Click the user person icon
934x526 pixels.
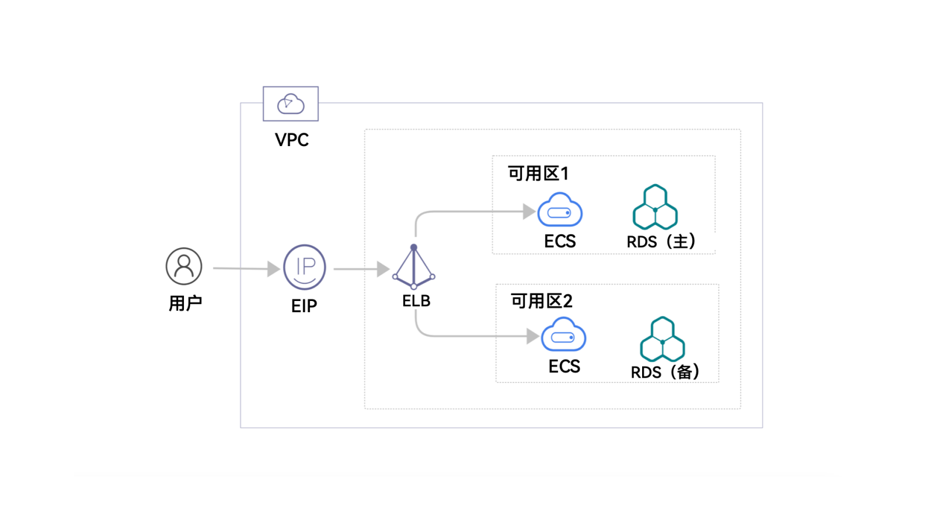(x=184, y=266)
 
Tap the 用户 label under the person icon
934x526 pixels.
(x=185, y=303)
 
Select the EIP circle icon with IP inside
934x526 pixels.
(x=304, y=267)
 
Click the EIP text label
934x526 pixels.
(x=304, y=306)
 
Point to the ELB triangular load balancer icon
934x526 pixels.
(x=414, y=268)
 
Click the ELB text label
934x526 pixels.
(x=416, y=301)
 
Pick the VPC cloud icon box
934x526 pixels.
(x=291, y=104)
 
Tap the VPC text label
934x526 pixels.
(x=291, y=140)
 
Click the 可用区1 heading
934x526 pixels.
(x=538, y=174)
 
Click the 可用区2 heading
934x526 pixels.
(x=542, y=301)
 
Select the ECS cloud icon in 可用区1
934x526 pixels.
(x=560, y=210)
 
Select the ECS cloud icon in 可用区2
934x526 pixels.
(x=563, y=335)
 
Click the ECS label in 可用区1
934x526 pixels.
(x=560, y=241)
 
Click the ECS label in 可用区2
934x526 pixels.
(x=564, y=366)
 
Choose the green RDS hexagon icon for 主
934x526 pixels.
(x=655, y=207)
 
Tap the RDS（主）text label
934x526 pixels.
(x=661, y=241)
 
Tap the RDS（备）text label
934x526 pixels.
(x=665, y=372)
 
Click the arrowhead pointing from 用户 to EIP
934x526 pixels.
(x=273, y=269)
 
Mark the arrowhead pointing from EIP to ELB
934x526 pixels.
(x=383, y=269)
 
